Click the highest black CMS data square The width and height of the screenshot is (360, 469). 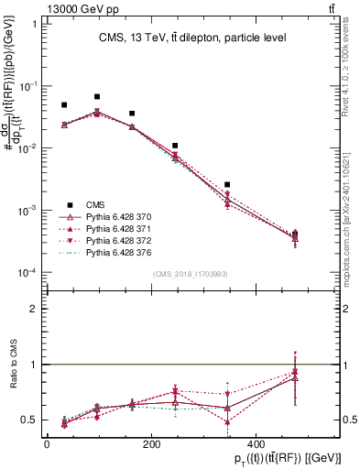pos(97,96)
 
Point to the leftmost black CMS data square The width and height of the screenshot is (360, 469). pos(64,105)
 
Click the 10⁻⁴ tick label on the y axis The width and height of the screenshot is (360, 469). pos(28,273)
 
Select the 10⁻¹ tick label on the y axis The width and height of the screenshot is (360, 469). pos(28,86)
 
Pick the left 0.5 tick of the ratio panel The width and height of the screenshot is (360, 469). pos(32,420)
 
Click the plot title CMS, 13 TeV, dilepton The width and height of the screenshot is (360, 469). pos(192,38)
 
